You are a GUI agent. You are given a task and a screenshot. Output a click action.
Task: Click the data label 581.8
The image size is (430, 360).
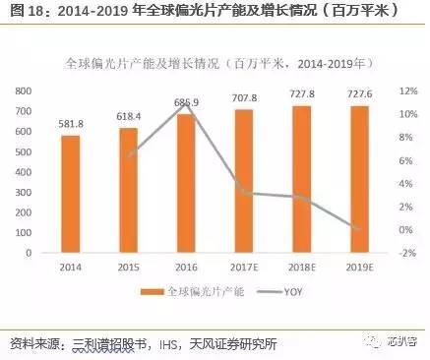71,124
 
